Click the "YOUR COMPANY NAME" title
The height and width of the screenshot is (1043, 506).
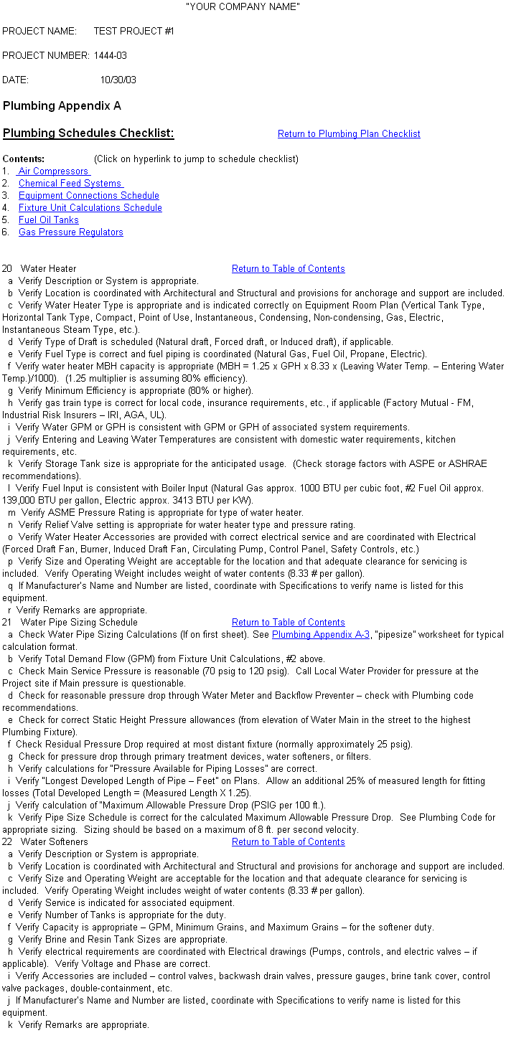[x=243, y=6]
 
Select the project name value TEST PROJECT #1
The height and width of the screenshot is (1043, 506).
[x=133, y=32]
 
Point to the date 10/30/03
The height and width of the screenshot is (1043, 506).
[x=118, y=80]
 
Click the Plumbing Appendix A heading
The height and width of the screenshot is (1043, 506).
[x=62, y=106]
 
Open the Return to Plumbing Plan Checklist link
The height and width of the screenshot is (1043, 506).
[x=349, y=134]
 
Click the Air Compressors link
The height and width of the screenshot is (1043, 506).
[x=53, y=171]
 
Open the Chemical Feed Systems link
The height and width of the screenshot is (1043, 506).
[x=70, y=184]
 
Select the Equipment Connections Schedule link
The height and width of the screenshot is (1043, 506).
[x=88, y=196]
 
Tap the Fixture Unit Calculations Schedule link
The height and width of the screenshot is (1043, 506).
[x=90, y=208]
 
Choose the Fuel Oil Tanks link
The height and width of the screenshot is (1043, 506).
[x=48, y=220]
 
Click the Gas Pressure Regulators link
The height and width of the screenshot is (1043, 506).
[x=70, y=232]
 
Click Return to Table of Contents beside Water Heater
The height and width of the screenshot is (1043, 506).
[x=288, y=269]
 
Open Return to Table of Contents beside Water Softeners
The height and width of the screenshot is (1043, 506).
[x=288, y=842]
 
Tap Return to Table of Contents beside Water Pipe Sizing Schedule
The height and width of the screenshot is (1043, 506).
[x=288, y=623]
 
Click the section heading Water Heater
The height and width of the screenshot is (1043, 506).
[x=48, y=269]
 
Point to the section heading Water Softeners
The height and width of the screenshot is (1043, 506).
[x=54, y=842]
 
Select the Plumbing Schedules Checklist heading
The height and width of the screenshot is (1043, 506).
[x=88, y=133]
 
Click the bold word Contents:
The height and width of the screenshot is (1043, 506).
[x=24, y=159]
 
